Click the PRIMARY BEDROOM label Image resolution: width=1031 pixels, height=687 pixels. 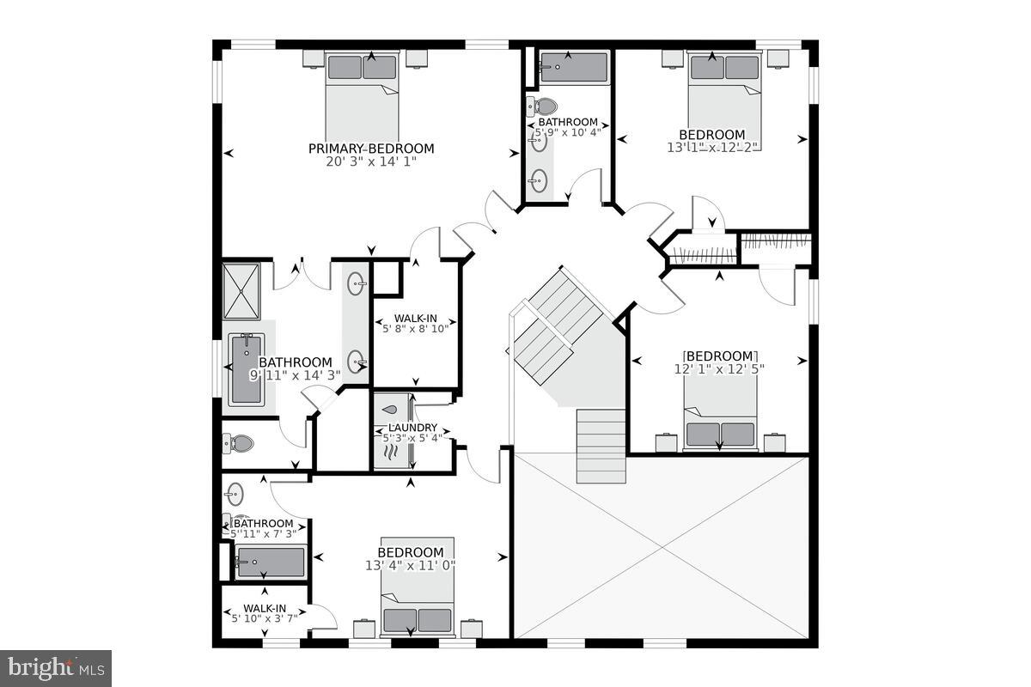point(371,149)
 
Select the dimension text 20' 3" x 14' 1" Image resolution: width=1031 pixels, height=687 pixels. point(371,161)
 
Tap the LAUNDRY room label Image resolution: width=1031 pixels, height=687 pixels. point(412,428)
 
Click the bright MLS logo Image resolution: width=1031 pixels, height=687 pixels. point(56,667)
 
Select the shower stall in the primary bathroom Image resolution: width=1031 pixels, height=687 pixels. point(241,291)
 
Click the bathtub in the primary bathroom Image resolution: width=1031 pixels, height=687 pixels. point(246,369)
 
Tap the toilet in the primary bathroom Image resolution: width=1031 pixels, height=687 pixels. point(239,444)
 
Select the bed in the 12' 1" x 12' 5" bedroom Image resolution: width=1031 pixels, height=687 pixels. point(721,415)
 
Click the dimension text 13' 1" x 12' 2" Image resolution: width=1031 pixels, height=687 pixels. point(712,147)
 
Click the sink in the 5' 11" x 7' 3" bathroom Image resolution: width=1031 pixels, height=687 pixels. point(234,494)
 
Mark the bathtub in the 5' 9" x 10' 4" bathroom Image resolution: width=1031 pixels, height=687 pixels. point(573,67)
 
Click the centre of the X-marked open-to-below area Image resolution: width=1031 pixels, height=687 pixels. point(662,547)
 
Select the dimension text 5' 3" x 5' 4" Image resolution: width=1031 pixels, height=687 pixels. point(412,438)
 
